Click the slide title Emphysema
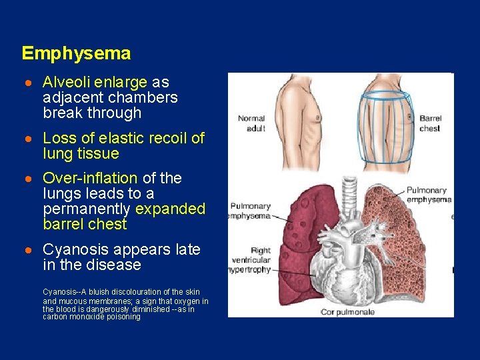tap(76, 53)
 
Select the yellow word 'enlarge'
tap(121, 83)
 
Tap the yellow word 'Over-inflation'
tap(90, 178)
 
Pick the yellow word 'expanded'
tap(170, 209)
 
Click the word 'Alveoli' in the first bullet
tap(66, 83)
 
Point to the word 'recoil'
tap(161, 138)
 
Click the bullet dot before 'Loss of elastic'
tap(29, 139)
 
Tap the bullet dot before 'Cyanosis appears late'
tap(29, 250)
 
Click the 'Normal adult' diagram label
tap(251, 123)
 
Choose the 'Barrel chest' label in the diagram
tap(430, 123)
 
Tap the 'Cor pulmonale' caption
tap(347, 311)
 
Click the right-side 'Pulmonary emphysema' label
tap(429, 195)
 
